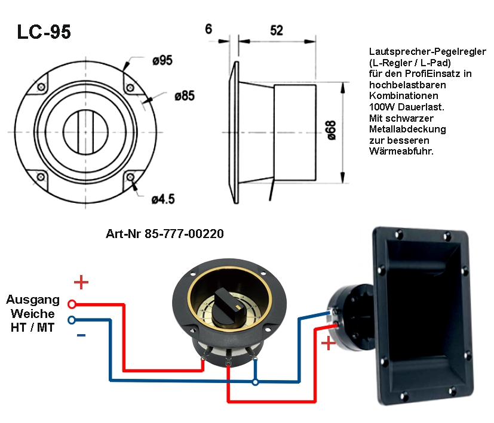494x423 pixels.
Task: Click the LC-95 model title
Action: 44,32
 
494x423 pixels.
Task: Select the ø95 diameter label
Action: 162,60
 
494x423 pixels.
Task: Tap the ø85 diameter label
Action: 186,95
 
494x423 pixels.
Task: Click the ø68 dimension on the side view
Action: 332,129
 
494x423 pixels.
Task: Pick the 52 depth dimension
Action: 276,30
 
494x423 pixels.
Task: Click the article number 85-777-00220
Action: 164,234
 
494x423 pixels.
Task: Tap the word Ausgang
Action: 33,300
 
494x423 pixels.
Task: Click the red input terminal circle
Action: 72,304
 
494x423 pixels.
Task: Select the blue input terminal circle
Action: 72,320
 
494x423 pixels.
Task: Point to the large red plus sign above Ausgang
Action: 81,282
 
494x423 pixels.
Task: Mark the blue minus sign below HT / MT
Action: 81,336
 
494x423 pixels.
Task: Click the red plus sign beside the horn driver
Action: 328,343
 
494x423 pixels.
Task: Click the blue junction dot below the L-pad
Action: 255,381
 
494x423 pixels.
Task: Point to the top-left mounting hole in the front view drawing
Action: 41,87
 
